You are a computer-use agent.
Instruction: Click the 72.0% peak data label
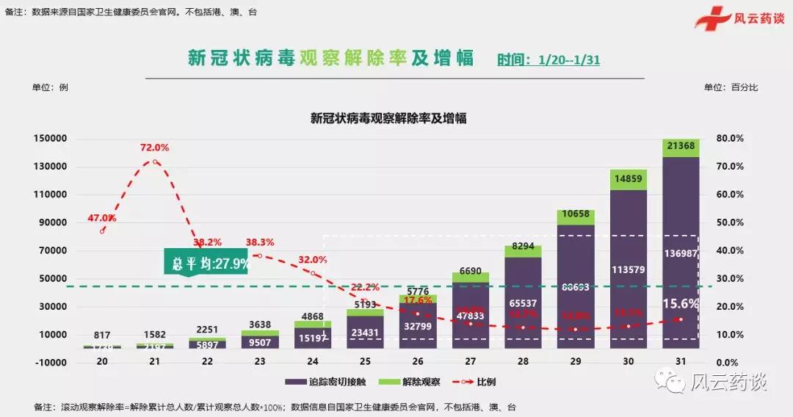click(154, 148)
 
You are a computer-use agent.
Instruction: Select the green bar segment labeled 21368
click(681, 147)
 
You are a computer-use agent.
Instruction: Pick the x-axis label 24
click(313, 363)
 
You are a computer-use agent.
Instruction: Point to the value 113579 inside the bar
click(628, 269)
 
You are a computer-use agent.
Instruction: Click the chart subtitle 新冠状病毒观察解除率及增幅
click(388, 117)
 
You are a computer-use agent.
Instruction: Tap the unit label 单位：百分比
click(731, 87)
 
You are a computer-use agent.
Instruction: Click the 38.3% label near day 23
click(260, 242)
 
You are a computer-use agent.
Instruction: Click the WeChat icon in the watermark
click(671, 381)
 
